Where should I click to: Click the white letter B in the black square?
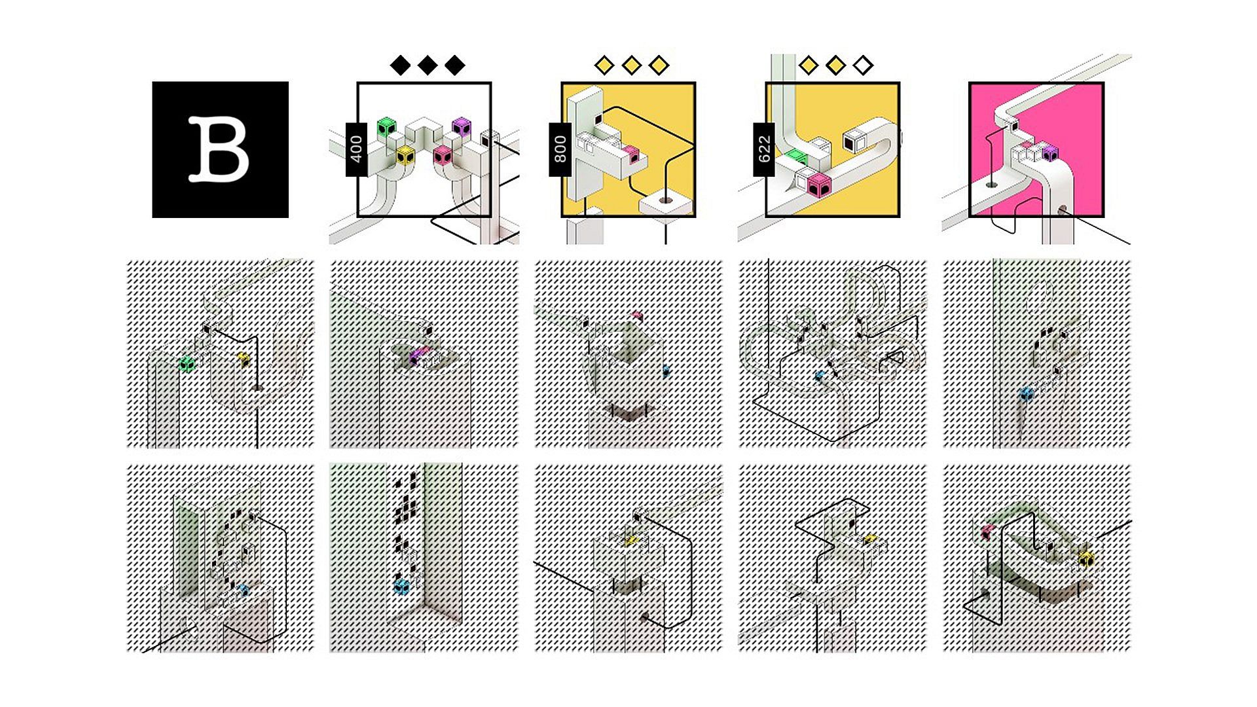coord(219,149)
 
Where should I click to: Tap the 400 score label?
coord(356,149)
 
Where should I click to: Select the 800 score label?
coord(560,149)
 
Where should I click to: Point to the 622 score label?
coord(764,149)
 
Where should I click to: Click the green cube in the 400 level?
coord(388,128)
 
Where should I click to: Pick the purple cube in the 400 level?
coord(462,128)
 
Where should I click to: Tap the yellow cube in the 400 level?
coord(406,155)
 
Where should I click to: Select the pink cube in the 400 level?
coord(443,155)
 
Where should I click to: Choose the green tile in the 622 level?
coord(795,156)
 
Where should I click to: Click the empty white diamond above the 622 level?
coord(864,65)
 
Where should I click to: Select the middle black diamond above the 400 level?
coord(428,65)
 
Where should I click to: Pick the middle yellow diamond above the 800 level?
coord(632,65)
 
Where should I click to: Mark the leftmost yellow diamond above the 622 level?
coord(809,65)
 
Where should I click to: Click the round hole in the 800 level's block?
coord(666,200)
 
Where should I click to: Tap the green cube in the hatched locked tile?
coord(187,364)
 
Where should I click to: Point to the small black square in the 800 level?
coord(598,119)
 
